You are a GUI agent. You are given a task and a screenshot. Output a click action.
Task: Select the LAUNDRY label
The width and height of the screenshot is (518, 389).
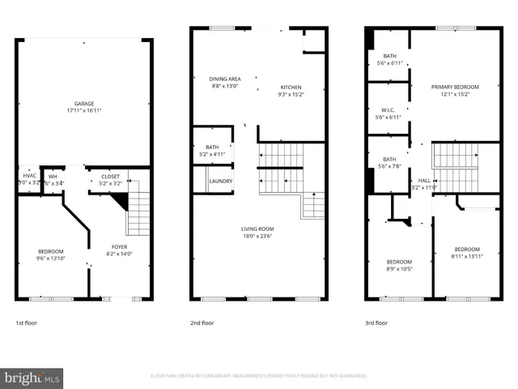pyautogui.click(x=221, y=181)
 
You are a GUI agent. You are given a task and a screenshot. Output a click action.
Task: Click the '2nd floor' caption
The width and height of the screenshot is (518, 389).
pyautogui.click(x=202, y=323)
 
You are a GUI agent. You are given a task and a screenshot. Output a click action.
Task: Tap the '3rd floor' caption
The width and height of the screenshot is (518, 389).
pyautogui.click(x=376, y=323)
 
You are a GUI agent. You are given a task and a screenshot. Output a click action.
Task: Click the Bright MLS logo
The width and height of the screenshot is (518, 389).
pyautogui.click(x=32, y=378)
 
